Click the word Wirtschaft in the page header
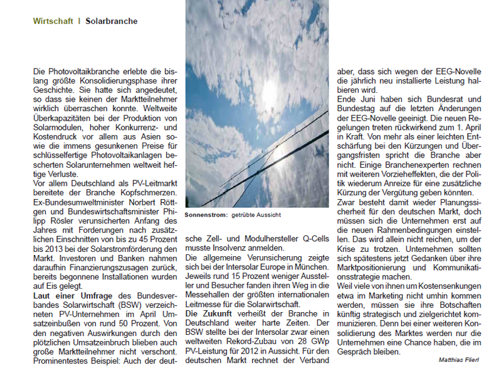pos(53,21)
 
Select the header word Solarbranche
pos(111,21)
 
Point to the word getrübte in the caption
pos(246,215)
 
